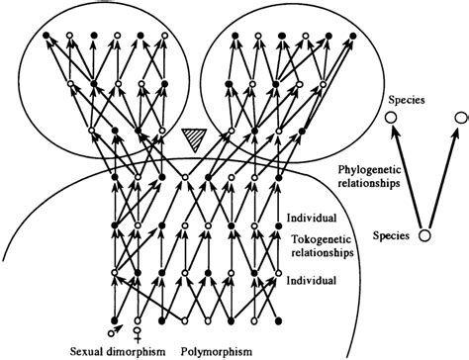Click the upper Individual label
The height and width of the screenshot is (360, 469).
[309, 217]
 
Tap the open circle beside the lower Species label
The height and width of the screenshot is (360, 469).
[424, 235]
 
